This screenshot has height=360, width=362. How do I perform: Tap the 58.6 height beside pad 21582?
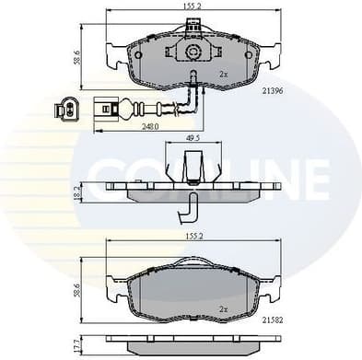77,287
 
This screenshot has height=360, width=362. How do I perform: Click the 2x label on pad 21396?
222,73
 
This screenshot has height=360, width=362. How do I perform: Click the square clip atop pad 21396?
193,28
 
